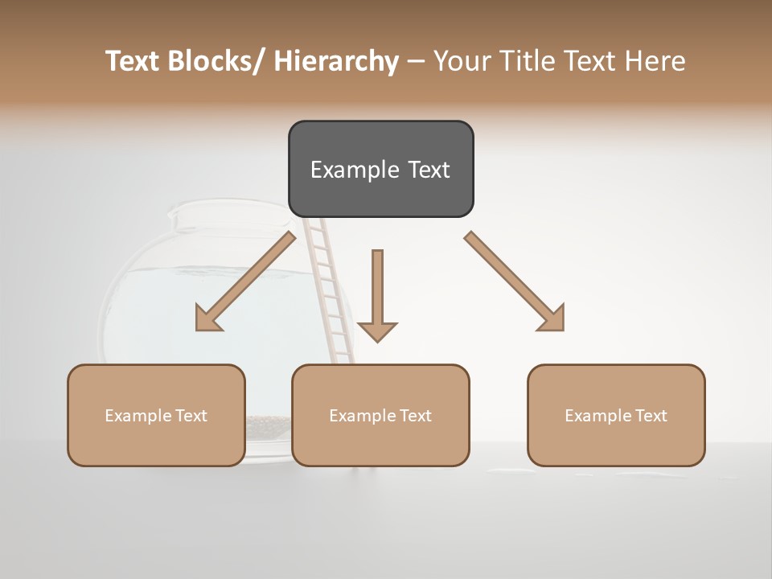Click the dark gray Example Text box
point(380,169)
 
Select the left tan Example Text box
point(156,415)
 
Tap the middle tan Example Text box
point(380,415)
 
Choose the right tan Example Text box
point(616,415)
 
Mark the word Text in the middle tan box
point(415,415)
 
